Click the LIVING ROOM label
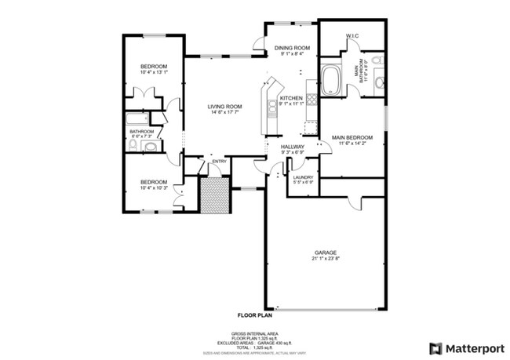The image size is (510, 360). (224, 106)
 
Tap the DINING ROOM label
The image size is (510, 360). (292, 49)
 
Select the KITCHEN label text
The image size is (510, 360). (291, 98)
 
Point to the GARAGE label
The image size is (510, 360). (325, 252)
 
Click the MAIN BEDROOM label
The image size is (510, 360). (351, 137)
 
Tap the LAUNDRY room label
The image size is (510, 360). (303, 177)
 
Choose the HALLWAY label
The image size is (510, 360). (281, 146)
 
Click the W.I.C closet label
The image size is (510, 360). (352, 35)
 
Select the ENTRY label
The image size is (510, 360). (219, 162)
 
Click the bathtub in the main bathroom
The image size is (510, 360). (331, 81)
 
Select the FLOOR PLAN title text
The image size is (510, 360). (255, 315)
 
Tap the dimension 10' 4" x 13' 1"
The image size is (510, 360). (154, 72)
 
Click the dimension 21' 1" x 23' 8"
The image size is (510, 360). (325, 258)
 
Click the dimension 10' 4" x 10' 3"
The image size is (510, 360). (154, 187)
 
